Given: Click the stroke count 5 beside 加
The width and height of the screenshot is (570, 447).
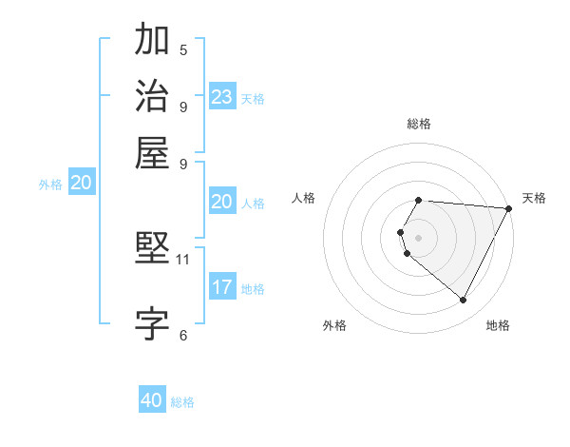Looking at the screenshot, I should [183, 49].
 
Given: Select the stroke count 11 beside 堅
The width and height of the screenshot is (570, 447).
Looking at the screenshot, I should [183, 259].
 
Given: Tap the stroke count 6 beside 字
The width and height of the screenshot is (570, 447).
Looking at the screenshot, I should [183, 334].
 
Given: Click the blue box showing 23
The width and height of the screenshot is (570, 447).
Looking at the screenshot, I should [222, 97].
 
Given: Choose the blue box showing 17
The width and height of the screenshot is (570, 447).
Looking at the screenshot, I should [222, 287].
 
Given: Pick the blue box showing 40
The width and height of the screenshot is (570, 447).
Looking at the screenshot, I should [152, 400].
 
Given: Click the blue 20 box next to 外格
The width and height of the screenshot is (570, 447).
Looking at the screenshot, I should [81, 184].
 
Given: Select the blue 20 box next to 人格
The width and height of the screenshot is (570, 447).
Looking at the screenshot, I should [222, 202].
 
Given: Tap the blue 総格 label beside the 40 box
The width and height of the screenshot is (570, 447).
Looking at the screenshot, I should [182, 402].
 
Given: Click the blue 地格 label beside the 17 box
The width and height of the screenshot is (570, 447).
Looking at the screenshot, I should [253, 289].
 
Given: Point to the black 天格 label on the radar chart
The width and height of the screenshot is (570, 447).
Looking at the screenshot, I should [534, 198].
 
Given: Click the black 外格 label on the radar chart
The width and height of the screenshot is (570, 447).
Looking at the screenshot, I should [334, 325].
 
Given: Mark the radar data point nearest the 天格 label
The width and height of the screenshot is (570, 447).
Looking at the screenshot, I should [509, 208].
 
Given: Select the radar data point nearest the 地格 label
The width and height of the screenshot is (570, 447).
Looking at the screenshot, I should [464, 301].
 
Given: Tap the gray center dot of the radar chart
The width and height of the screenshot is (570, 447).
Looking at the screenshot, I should [418, 237].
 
